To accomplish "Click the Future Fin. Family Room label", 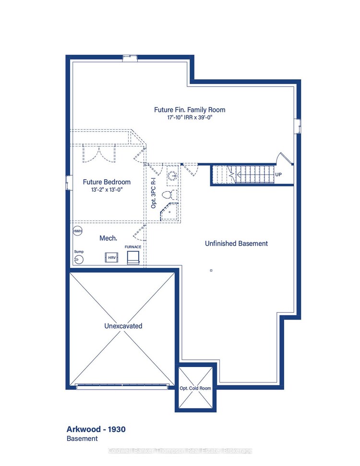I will [x=189, y=110].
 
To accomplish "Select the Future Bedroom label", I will [x=107, y=182].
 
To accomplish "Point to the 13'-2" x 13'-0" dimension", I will [x=107, y=190].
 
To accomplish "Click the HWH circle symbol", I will [x=77, y=231].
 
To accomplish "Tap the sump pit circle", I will [x=79, y=259].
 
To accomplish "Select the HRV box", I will [x=111, y=258].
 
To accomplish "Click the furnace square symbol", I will [x=133, y=258].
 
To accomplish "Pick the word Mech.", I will [x=108, y=238].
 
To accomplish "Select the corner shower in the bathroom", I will [x=169, y=212].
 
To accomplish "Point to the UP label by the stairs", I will [x=279, y=175].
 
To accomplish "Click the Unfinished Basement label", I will [x=236, y=244].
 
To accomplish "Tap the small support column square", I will [x=211, y=270].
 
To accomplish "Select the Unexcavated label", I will [x=123, y=326].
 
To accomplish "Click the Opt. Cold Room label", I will [x=195, y=388].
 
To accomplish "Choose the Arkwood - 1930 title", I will [x=96, y=429].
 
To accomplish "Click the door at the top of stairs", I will [x=282, y=160].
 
